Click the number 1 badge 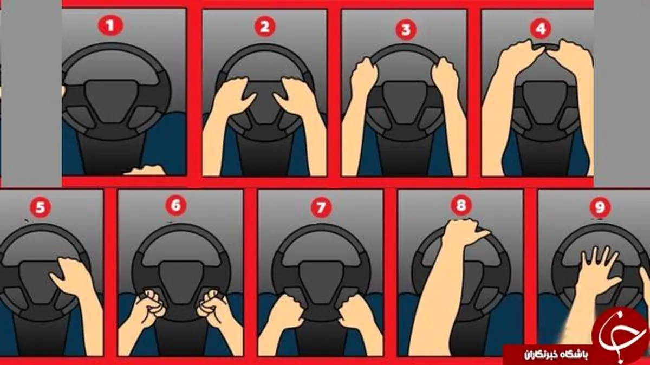110,26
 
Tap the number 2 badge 265,27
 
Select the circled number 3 406,29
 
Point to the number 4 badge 541,29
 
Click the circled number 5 40,207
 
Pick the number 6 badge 176,205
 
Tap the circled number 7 321,207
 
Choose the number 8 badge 461,205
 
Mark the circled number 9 600,207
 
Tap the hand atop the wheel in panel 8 461,232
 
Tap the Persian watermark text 556,355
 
